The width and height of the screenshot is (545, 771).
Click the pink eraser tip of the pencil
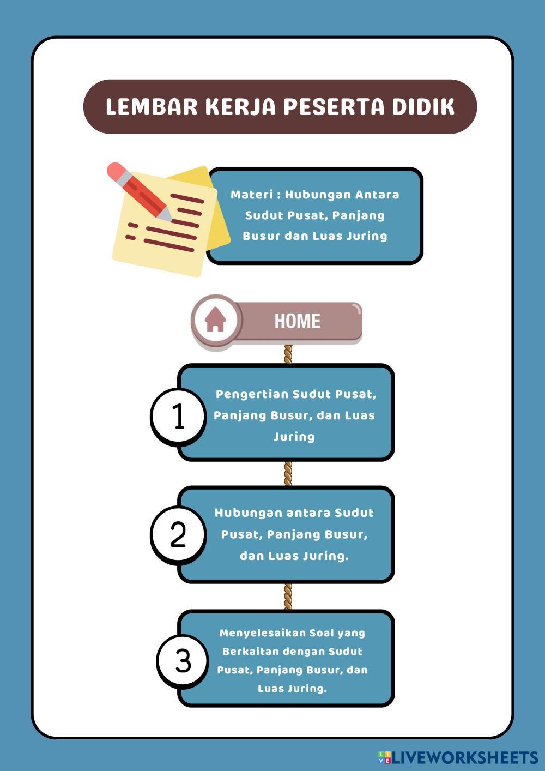point(116,171)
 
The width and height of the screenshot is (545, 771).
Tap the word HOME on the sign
point(297,321)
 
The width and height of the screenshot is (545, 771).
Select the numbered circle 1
point(178,417)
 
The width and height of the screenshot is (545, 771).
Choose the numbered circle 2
point(178,534)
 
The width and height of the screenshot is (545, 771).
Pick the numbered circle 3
point(183,660)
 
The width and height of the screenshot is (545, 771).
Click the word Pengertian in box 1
point(251,394)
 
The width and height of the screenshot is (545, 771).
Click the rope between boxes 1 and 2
point(288,473)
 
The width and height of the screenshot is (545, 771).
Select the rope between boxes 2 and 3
point(288,596)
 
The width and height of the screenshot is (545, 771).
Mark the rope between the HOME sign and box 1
point(288,354)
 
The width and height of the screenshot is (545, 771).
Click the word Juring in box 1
point(294,437)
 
